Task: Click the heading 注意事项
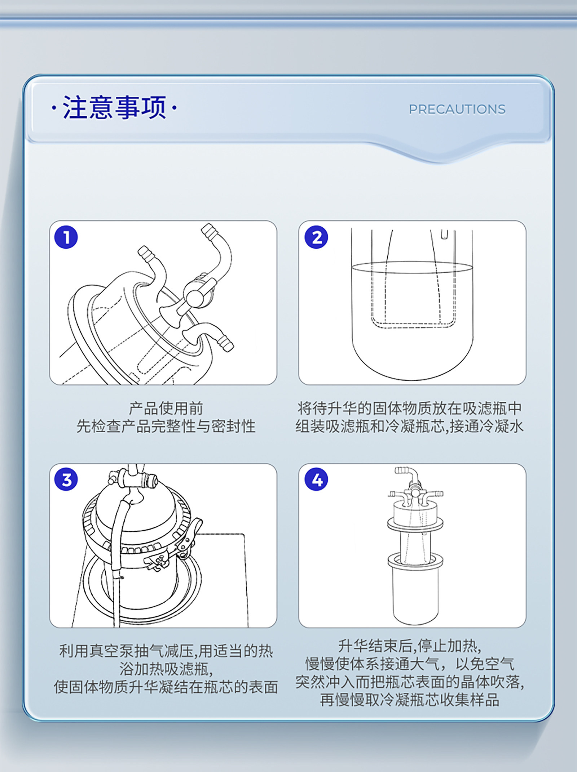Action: [x=114, y=107]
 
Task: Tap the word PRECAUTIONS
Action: [x=457, y=110]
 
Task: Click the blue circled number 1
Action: [x=66, y=237]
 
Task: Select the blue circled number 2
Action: [x=316, y=237]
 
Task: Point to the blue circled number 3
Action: [x=66, y=479]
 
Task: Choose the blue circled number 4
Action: [x=316, y=479]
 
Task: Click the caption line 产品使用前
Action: [x=166, y=408]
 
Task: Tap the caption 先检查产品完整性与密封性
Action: [x=166, y=426]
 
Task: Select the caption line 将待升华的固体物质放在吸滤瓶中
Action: [x=410, y=408]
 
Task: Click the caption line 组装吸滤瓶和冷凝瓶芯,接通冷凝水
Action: [x=410, y=426]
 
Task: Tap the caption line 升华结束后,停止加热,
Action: [x=410, y=646]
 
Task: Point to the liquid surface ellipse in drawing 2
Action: [x=412, y=268]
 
